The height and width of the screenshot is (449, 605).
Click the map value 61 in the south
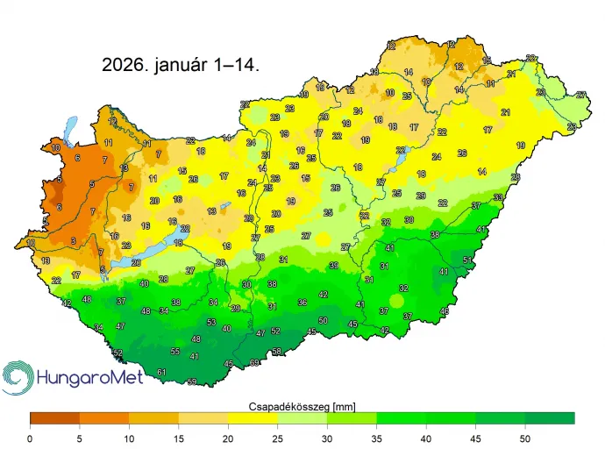pyautogui.click(x=161, y=373)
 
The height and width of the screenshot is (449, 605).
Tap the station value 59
pyautogui.click(x=192, y=381)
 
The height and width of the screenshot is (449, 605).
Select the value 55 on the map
pyautogui.click(x=175, y=351)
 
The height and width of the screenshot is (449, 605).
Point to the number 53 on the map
pyautogui.click(x=211, y=323)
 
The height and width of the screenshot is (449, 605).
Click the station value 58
pyautogui.click(x=277, y=352)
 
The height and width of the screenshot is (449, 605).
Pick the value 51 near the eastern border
pyautogui.click(x=468, y=260)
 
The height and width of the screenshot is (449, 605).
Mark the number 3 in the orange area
pyautogui.click(x=74, y=240)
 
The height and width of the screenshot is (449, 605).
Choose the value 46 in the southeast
pyautogui.click(x=445, y=311)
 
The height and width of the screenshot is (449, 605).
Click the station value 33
pyautogui.click(x=497, y=197)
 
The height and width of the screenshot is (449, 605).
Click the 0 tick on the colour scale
pyautogui.click(x=30, y=438)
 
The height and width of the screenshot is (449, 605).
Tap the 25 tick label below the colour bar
pyautogui.click(x=277, y=438)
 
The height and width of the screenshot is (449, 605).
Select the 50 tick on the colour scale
pyautogui.click(x=525, y=438)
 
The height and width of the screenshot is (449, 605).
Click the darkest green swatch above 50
pyautogui.click(x=550, y=418)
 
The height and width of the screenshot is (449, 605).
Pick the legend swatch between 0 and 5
pyautogui.click(x=54, y=418)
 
